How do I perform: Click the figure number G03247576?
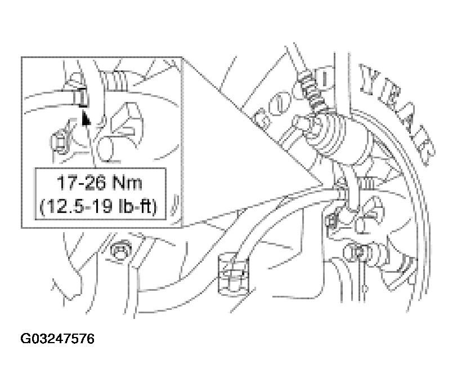(x=57, y=339)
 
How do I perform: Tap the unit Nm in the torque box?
(x=127, y=183)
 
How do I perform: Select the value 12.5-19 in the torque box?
(x=76, y=207)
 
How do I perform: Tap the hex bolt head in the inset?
(x=60, y=142)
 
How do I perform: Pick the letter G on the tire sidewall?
(x=265, y=117)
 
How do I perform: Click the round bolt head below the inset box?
(x=120, y=250)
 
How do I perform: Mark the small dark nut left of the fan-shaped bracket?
(x=331, y=221)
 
